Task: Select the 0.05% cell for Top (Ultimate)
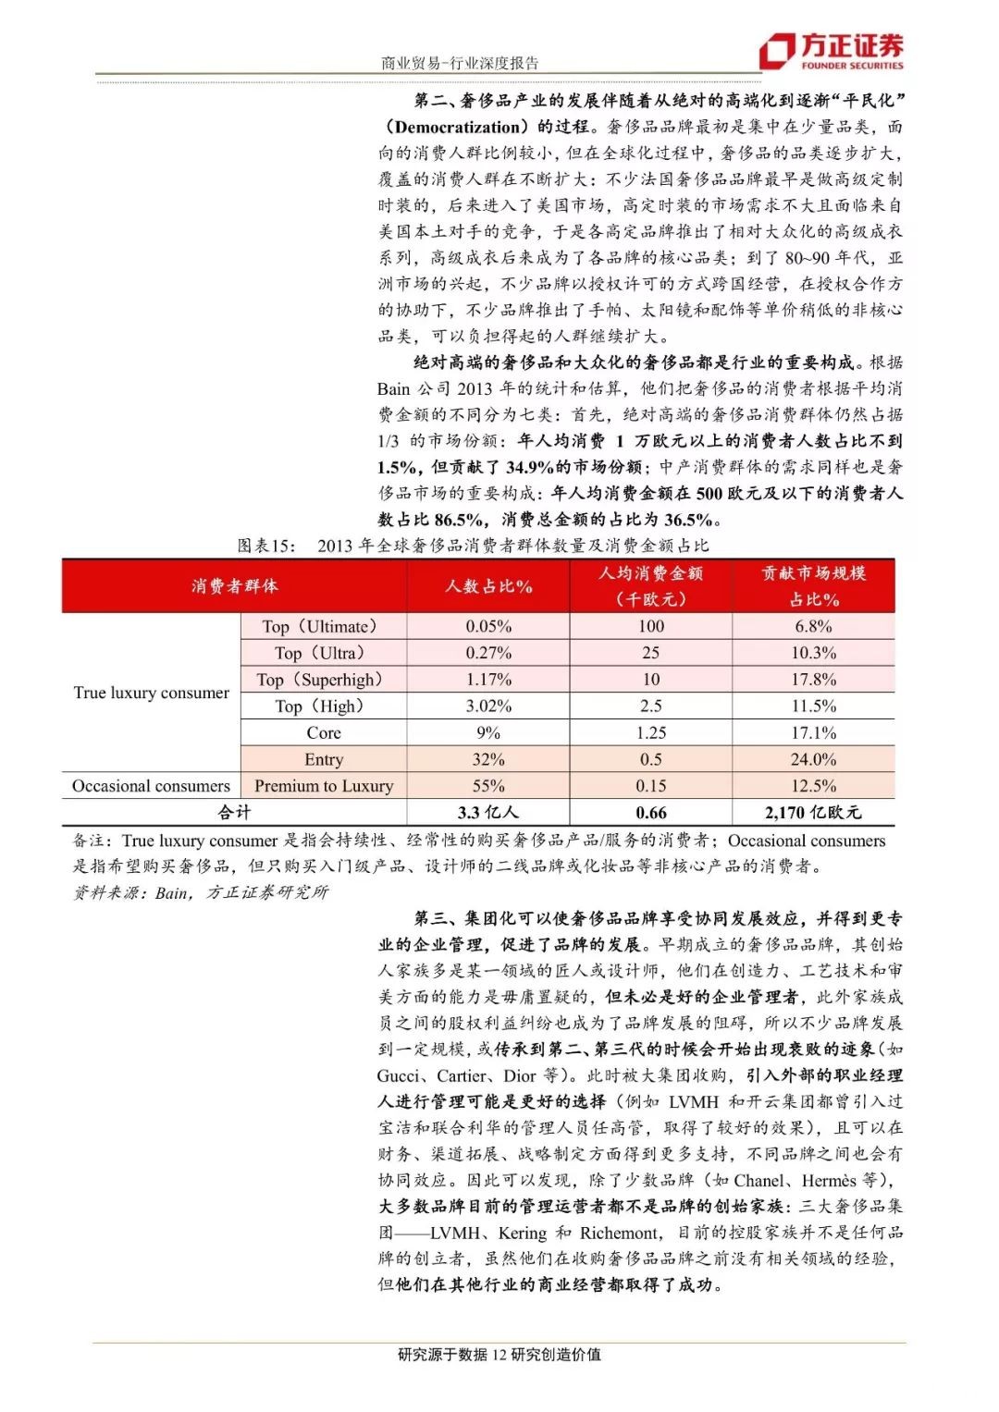pos(488,626)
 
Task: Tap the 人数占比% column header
pos(488,585)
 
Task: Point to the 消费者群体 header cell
pos(234,585)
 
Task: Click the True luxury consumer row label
pos(151,693)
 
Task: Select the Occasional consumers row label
pos(151,786)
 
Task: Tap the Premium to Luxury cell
pos(324,786)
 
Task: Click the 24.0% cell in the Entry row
pos(813,759)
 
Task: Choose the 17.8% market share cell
pos(813,680)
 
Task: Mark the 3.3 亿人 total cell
pos(488,813)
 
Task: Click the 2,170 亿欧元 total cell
pos(813,813)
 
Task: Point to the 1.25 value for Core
pos(650,732)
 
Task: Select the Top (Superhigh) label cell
pos(320,680)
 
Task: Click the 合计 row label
pos(234,813)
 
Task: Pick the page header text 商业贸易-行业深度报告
pos(460,63)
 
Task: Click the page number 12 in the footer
pos(499,1355)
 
